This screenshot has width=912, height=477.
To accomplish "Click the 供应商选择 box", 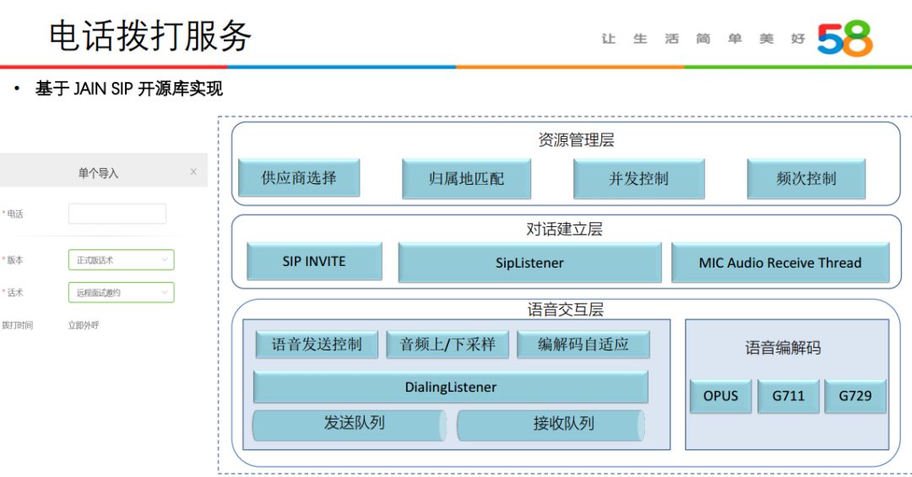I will pyautogui.click(x=299, y=178).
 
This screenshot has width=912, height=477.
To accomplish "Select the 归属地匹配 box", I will pyautogui.click(x=466, y=179).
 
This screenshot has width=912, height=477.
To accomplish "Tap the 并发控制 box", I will pyautogui.click(x=638, y=179).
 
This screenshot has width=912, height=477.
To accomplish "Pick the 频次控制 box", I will pyautogui.click(x=806, y=179).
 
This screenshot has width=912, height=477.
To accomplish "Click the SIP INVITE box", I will pyautogui.click(x=314, y=262).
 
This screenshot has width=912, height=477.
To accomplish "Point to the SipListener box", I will pyautogui.click(x=529, y=263).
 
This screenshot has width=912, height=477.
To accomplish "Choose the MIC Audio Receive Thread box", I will pyautogui.click(x=780, y=263).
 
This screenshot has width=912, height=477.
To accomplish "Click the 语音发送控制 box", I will pyautogui.click(x=317, y=344).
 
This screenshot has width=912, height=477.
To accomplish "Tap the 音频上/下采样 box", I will pyautogui.click(x=448, y=344).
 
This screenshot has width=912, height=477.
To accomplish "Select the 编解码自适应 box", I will pyautogui.click(x=584, y=344).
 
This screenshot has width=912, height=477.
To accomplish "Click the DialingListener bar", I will pyautogui.click(x=451, y=388).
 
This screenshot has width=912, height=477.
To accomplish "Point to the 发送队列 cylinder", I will pyautogui.click(x=350, y=425).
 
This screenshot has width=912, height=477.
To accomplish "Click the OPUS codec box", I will pyautogui.click(x=720, y=396).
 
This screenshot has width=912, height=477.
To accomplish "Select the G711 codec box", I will pyautogui.click(x=789, y=396).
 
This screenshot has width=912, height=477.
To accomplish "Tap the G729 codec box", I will pyautogui.click(x=855, y=396).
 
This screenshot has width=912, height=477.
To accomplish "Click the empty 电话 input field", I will pyautogui.click(x=117, y=214).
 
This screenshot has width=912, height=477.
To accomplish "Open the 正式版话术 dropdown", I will pyautogui.click(x=122, y=260).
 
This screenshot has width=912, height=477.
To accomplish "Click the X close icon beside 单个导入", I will pyautogui.click(x=193, y=172).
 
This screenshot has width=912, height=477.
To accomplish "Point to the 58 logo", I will pyautogui.click(x=844, y=39).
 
